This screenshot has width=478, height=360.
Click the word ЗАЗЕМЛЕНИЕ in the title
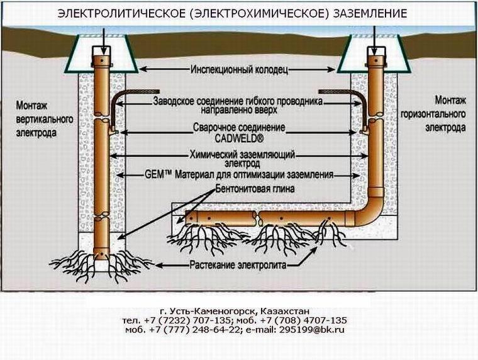tap(370, 14)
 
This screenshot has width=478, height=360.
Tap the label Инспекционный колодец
tap(239, 70)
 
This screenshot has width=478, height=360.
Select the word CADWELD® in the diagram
tap(239, 138)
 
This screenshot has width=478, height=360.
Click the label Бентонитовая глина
tap(255, 189)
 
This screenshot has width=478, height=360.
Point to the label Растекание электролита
tap(238, 264)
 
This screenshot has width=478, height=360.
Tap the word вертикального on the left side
tap(45, 120)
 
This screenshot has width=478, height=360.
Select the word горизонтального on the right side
tap(433, 115)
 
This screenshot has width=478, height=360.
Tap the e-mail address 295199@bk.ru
tap(312, 330)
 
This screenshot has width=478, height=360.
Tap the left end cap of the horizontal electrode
tap(189, 218)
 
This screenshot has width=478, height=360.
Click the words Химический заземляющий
tap(242, 155)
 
